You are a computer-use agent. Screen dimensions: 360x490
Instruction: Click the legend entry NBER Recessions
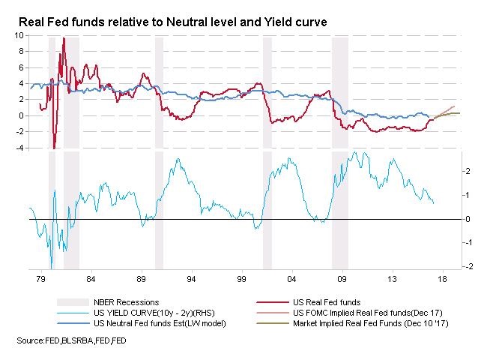pos(124,302)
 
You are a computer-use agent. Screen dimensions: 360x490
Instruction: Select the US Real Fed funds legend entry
pos(329,302)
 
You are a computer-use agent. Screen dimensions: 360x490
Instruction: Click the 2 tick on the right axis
pos(467,171)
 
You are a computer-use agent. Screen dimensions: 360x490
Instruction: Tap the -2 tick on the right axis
pos(468,267)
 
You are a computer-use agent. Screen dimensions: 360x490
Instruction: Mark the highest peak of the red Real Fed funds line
pos(64,38)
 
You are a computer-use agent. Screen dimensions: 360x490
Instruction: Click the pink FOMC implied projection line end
pos(454,106)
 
